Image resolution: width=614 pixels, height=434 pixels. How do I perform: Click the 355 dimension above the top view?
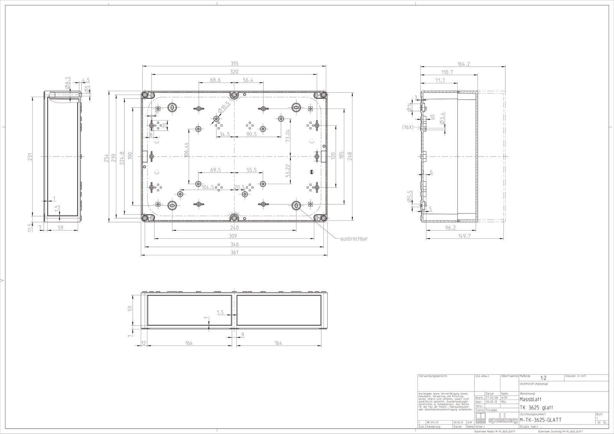coord(234,63)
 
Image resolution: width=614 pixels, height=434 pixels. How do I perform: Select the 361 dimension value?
coord(234,252)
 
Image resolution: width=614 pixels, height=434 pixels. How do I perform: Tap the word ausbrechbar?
coord(354,238)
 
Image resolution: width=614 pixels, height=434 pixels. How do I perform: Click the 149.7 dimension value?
coord(464,236)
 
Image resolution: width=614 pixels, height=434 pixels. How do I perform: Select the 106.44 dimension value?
coord(187,150)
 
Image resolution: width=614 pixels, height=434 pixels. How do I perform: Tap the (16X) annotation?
coord(408,127)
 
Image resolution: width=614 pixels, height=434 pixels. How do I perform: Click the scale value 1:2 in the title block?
coord(543,378)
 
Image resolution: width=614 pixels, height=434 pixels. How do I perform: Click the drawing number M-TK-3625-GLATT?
coord(540,420)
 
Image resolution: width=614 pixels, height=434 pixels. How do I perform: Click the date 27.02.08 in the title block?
coord(492,398)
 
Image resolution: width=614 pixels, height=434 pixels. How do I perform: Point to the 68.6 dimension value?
coord(215,80)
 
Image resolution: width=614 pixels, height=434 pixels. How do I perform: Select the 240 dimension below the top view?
coord(234,227)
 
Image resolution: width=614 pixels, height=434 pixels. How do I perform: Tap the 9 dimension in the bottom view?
coord(243,335)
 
